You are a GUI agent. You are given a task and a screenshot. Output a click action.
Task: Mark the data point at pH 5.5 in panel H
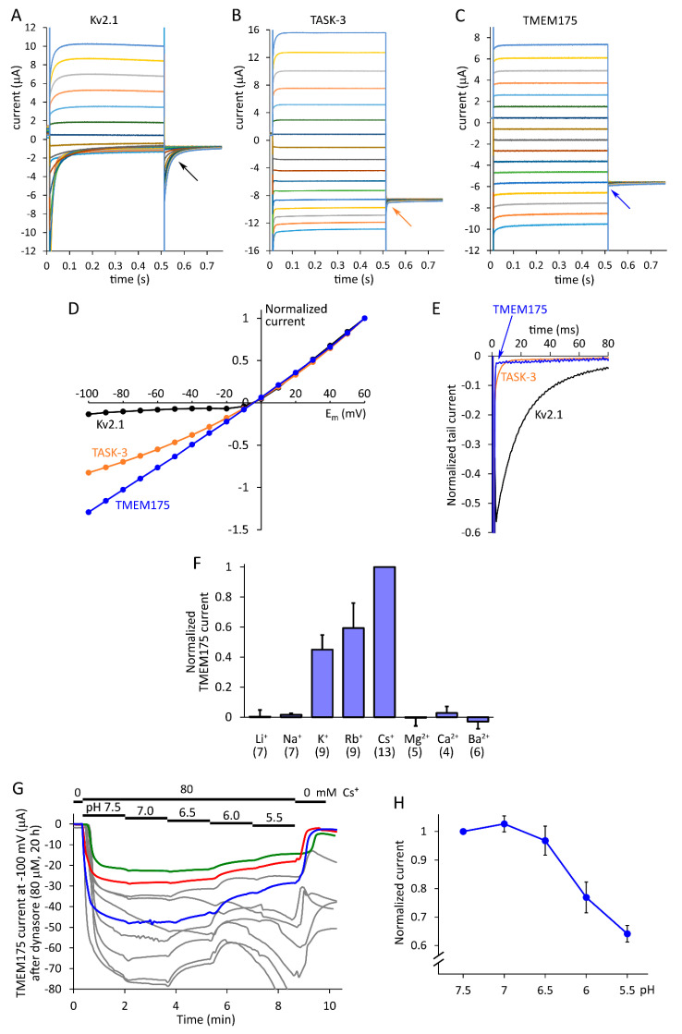pyautogui.click(x=627, y=933)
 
